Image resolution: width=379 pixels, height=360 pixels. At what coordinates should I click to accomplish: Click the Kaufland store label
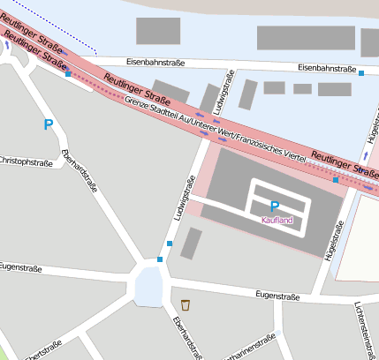277,220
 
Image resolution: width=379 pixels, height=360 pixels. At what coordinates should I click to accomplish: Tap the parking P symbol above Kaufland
275,206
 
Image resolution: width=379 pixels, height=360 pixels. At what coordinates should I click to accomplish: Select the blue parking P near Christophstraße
48,125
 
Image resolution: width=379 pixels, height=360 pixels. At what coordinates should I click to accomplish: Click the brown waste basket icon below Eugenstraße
186,305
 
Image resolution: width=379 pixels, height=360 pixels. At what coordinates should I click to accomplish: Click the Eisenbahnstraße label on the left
133,62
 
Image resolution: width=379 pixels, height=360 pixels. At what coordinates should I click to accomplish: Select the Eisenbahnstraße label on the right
326,68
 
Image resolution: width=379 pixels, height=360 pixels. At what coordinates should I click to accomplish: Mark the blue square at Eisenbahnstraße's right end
361,71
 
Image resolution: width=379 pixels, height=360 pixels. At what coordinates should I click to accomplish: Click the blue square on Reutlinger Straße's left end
68,74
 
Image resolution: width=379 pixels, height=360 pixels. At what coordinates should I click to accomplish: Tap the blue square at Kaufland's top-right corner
336,180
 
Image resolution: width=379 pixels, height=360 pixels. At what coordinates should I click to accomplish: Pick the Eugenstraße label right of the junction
276,296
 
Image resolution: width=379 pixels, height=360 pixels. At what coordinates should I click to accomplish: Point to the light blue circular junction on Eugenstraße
148,284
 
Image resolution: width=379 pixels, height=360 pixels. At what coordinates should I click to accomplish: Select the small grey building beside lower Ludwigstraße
191,243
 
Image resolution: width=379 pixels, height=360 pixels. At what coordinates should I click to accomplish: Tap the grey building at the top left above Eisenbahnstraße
158,31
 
